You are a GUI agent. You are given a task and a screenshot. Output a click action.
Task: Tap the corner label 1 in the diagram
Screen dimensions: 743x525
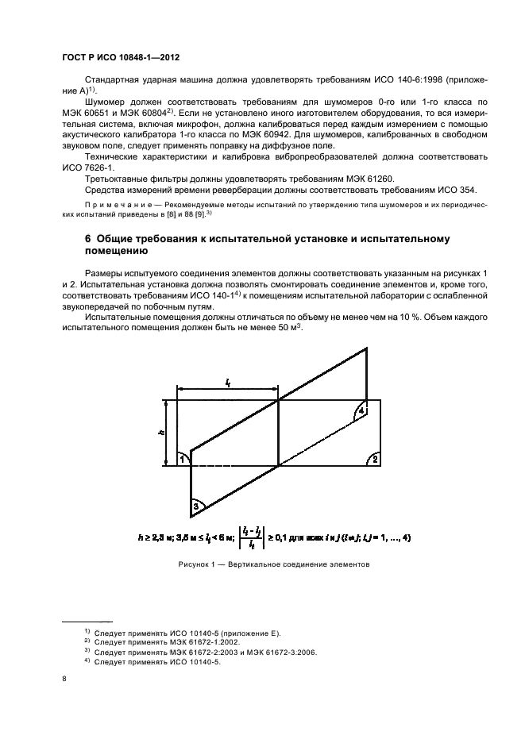point(181,458)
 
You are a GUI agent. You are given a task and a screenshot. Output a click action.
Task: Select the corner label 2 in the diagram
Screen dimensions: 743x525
point(375,459)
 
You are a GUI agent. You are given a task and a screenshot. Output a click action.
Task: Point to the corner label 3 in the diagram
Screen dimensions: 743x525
point(195,506)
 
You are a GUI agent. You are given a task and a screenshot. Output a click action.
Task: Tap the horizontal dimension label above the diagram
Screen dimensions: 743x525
point(227,383)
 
